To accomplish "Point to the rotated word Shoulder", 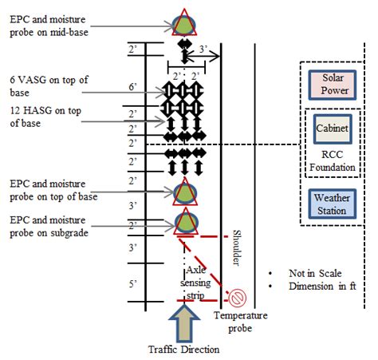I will tap(236, 247).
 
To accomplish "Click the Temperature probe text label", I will tap(240, 321).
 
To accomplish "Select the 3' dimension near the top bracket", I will tap(203, 49).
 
